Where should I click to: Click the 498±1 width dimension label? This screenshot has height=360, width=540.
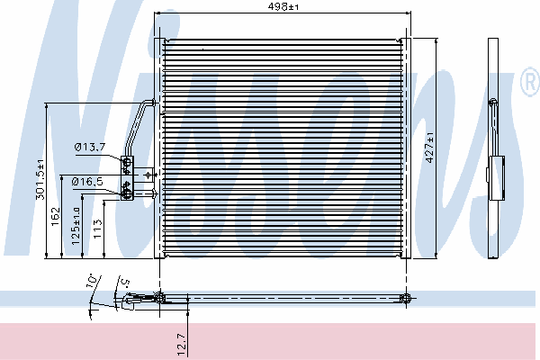pyautogui.click(x=283, y=6)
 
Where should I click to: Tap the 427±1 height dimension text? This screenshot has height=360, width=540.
pyautogui.click(x=430, y=148)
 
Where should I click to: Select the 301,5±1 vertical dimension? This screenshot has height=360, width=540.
pyautogui.click(x=40, y=179)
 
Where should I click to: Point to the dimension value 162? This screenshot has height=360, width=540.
pyautogui.click(x=56, y=217)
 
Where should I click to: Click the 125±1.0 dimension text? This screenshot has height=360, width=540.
pyautogui.click(x=76, y=226)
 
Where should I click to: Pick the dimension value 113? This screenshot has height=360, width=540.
pyautogui.click(x=98, y=229)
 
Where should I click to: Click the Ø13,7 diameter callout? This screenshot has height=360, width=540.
pyautogui.click(x=90, y=148)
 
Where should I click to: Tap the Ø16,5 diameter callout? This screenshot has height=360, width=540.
pyautogui.click(x=87, y=182)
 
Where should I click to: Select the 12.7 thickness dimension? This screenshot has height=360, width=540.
pyautogui.click(x=182, y=345)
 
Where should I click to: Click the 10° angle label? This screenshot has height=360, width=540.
pyautogui.click(x=92, y=281)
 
